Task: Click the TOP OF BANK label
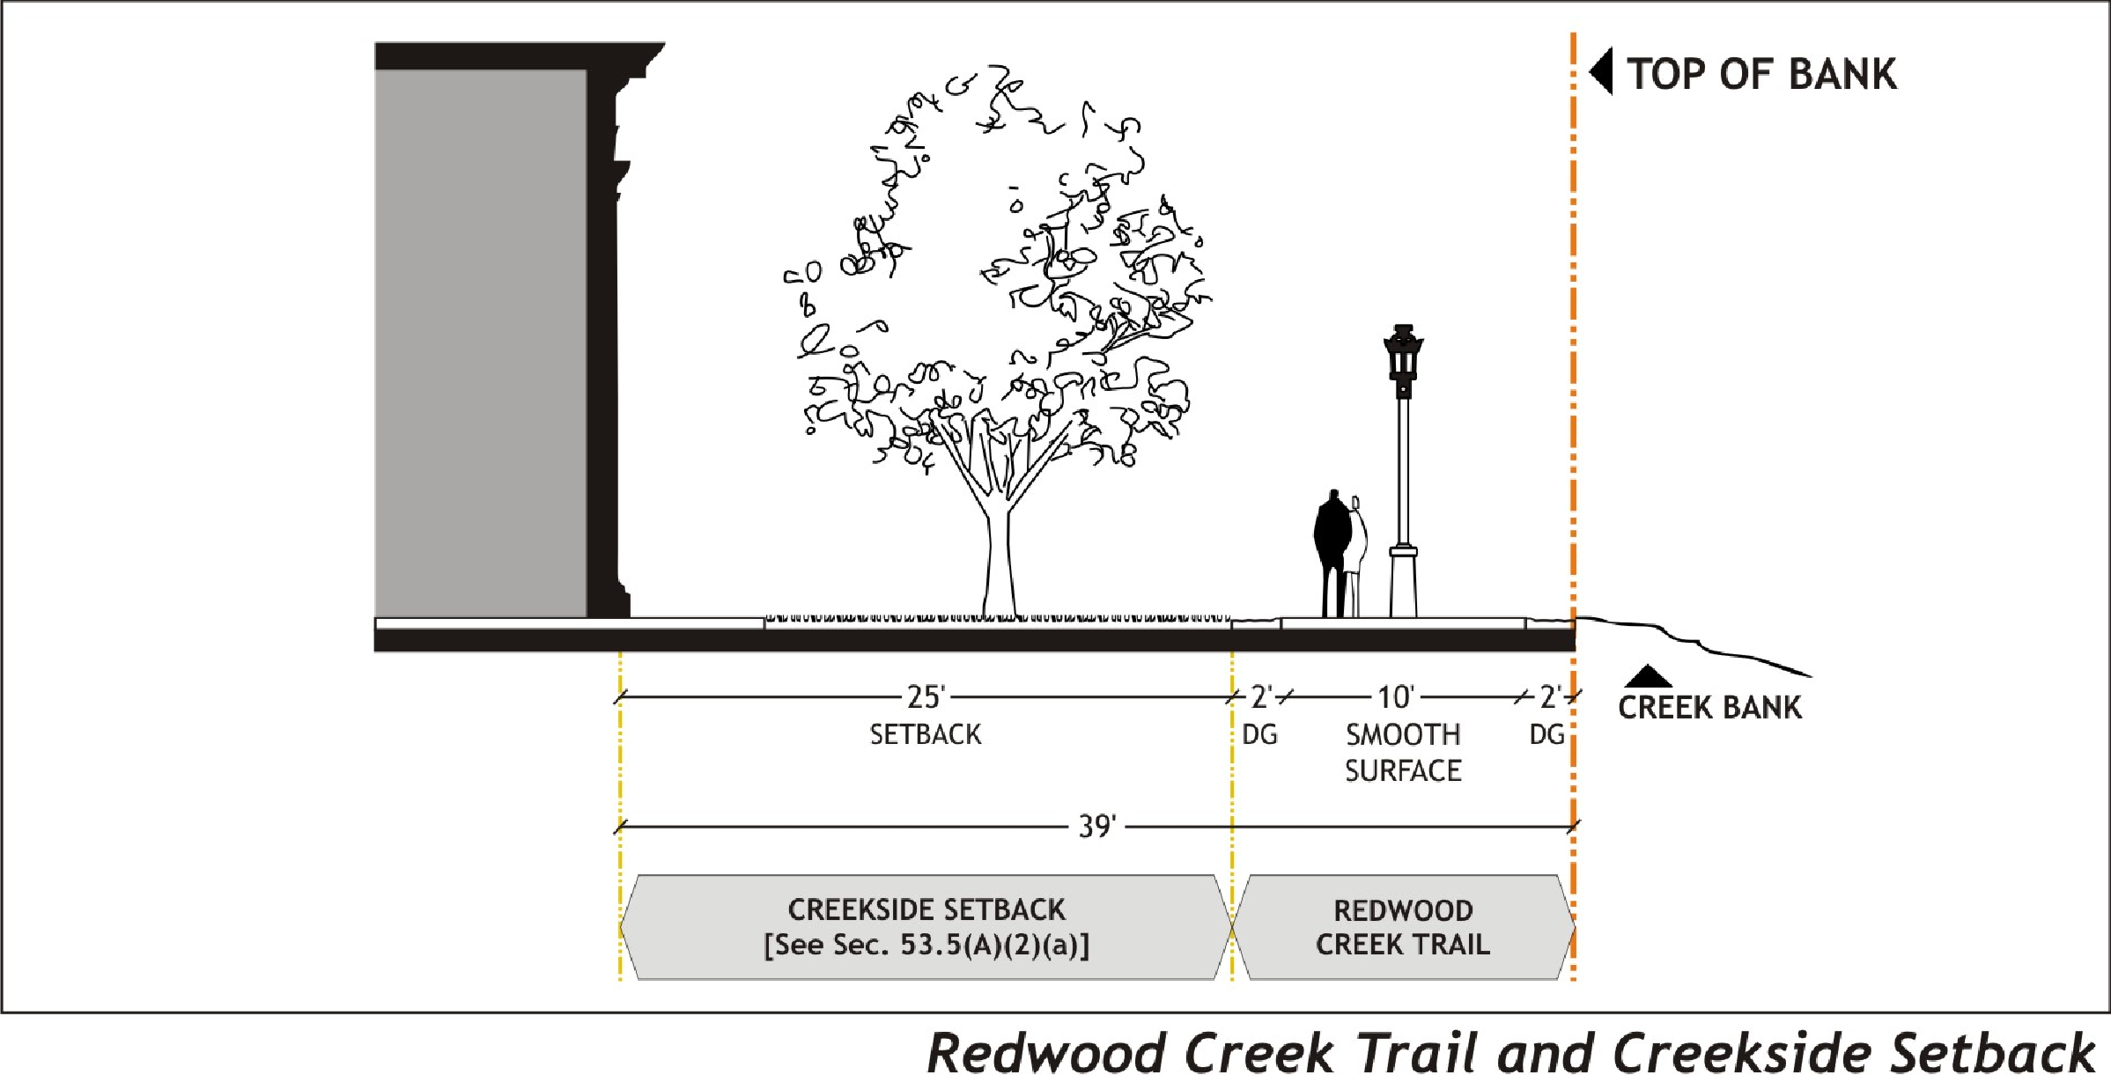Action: point(1761,74)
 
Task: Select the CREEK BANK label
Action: point(1709,708)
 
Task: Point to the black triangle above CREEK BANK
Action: point(1648,677)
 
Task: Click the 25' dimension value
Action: point(926,697)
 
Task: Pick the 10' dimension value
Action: point(1396,697)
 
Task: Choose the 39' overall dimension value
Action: point(1097,827)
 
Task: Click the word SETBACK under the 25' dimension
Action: point(926,734)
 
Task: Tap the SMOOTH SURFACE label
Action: point(1403,753)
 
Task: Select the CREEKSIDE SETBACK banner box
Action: point(926,926)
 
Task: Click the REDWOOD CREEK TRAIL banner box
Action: point(1403,926)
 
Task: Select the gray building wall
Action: point(481,343)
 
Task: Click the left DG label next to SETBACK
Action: point(1259,734)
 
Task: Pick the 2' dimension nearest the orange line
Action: point(1550,697)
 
